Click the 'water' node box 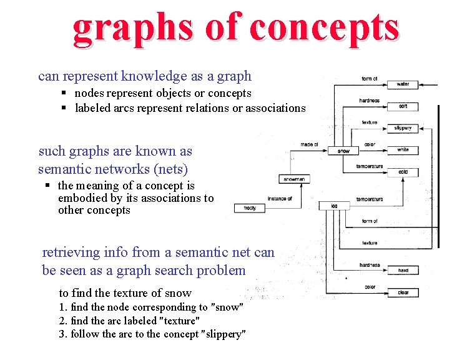[403, 84]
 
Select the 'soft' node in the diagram [403, 106]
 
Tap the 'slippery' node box [403, 128]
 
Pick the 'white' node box [403, 150]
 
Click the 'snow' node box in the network [343, 151]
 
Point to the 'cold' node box [403, 172]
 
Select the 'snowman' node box [294, 179]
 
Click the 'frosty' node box [249, 208]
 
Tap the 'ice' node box [333, 206]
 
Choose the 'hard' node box [403, 271]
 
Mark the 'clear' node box [403, 292]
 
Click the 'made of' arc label [309, 144]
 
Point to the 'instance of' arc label [280, 199]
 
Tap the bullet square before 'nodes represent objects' [64, 93]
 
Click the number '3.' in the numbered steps [63, 334]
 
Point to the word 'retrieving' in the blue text [71, 252]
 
